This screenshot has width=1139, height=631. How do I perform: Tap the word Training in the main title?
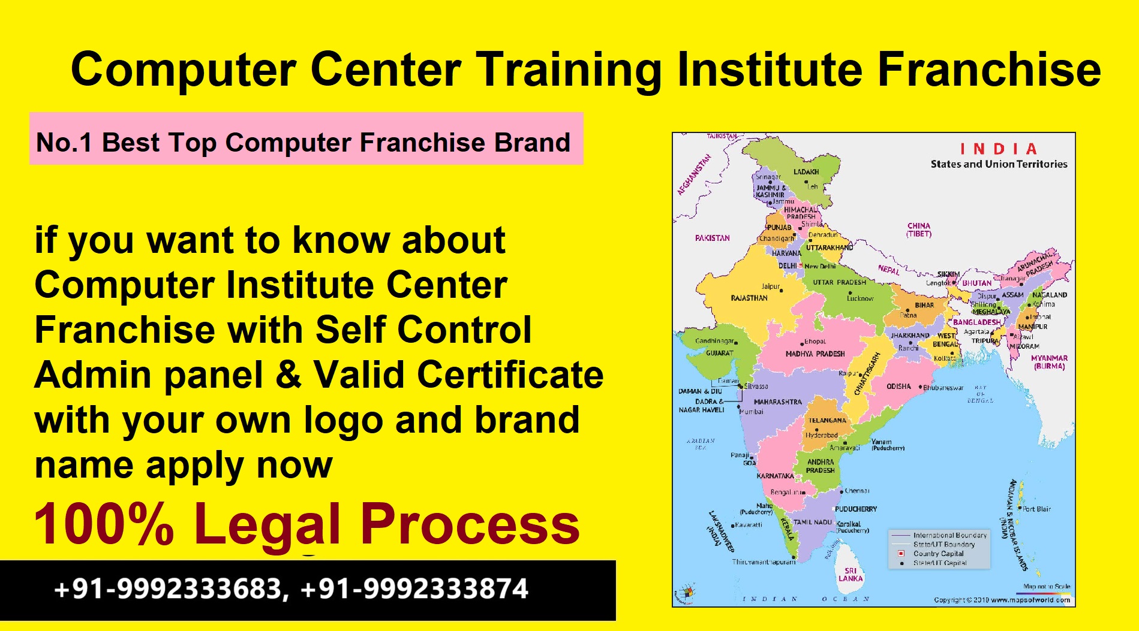569,71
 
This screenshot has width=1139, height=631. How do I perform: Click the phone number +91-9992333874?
414,589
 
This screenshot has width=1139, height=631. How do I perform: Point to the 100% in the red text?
104,524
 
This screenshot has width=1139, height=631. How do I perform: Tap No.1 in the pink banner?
64,143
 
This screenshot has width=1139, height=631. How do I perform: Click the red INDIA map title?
998,149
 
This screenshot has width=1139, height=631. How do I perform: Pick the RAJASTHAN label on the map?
749,298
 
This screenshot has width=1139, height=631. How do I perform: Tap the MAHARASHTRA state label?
777,402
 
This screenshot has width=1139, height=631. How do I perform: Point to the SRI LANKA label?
851,575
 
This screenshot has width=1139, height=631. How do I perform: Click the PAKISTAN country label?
713,238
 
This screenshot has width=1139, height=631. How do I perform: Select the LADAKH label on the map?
806,172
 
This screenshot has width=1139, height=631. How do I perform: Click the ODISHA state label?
898,387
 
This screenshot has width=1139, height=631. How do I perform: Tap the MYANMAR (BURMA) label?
1049,362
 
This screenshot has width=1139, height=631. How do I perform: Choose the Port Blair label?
1036,509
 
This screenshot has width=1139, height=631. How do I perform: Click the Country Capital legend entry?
938,554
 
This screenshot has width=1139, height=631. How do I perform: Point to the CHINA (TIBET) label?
919,230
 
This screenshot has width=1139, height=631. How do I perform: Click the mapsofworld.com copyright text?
1002,600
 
